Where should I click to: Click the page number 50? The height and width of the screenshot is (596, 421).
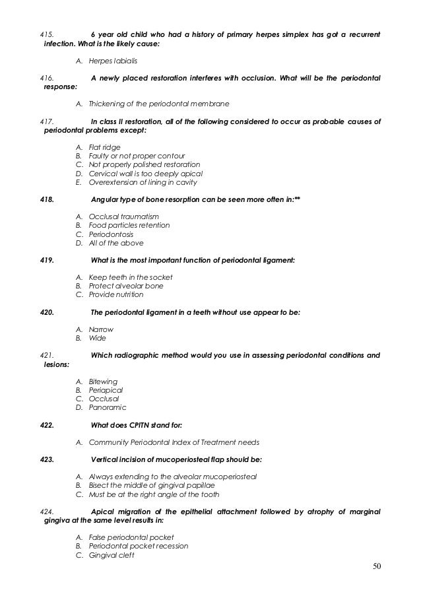pos(377,566)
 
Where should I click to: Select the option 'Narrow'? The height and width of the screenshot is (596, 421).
pos(101,329)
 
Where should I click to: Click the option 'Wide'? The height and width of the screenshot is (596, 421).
pos(97,338)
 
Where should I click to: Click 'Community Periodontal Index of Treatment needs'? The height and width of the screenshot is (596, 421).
pos(174,442)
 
